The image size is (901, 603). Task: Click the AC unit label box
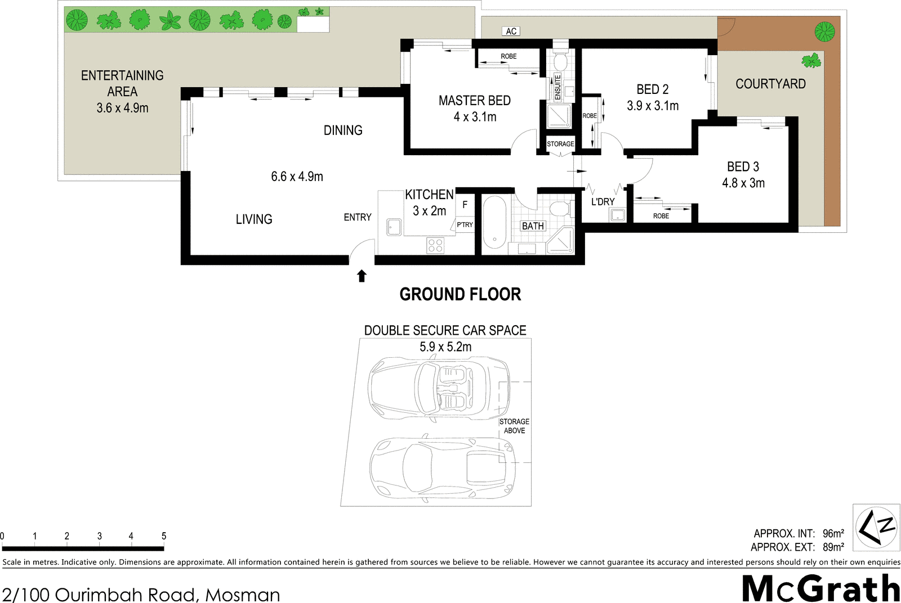(x=511, y=31)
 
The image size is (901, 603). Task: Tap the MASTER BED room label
(x=475, y=101)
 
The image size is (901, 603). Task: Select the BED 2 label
(x=653, y=89)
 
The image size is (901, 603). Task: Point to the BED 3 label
(x=743, y=166)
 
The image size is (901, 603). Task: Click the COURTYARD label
(x=771, y=84)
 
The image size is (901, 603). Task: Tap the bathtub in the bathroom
(x=494, y=222)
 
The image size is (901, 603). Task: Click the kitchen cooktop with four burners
(x=435, y=245)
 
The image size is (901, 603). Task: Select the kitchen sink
(x=394, y=227)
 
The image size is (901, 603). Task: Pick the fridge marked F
(x=465, y=205)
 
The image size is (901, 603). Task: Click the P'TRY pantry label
(x=465, y=224)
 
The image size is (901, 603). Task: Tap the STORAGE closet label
(x=560, y=144)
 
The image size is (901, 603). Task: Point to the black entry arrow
(x=362, y=276)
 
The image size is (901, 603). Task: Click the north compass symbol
(x=876, y=526)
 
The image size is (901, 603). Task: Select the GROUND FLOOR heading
(x=460, y=295)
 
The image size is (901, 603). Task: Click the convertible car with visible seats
(x=439, y=389)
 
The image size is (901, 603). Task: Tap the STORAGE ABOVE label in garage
(x=515, y=426)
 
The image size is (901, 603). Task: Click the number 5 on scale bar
(x=164, y=536)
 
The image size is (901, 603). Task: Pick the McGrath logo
(x=820, y=588)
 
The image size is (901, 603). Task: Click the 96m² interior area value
(x=833, y=533)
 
